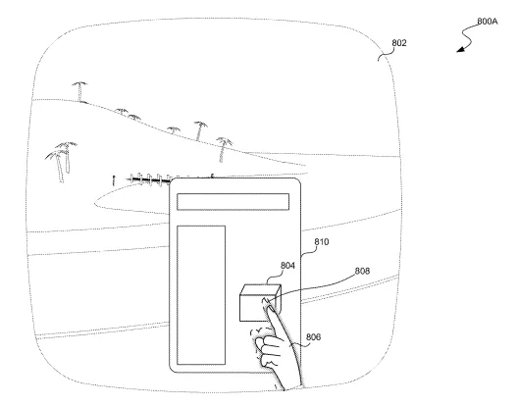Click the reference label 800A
click(x=488, y=22)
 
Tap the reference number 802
click(x=399, y=43)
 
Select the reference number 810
click(x=322, y=242)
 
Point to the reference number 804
click(x=287, y=266)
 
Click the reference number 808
click(x=362, y=271)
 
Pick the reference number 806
click(x=314, y=337)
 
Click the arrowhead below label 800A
click(x=460, y=50)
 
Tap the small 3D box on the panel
click(x=260, y=303)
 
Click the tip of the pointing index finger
click(x=265, y=300)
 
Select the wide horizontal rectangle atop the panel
click(x=233, y=201)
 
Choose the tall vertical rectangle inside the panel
click(x=201, y=295)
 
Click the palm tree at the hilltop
click(x=79, y=91)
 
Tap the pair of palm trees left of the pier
click(x=61, y=161)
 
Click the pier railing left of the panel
click(x=149, y=180)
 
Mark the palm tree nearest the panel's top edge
click(x=224, y=149)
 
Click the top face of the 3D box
click(x=260, y=289)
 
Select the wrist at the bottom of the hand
click(x=289, y=383)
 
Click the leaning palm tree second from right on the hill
click(x=199, y=130)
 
